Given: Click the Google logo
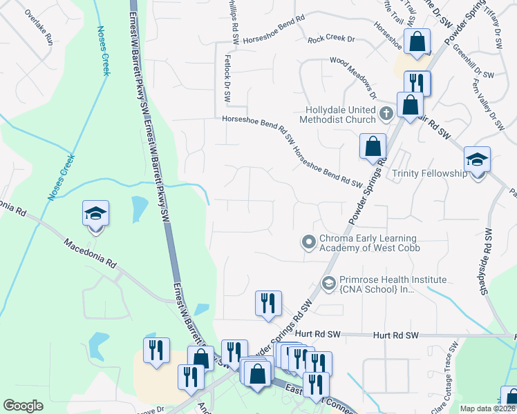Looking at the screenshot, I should point(23,406).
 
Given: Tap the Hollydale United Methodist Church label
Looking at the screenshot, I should point(342,115).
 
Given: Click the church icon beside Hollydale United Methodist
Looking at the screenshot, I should point(386,112).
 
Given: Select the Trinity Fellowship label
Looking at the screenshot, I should point(429,173).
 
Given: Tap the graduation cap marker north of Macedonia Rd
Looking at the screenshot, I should point(96,214).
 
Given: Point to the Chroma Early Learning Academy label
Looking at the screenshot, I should point(369,243).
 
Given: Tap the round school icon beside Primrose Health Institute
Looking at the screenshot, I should point(328,282).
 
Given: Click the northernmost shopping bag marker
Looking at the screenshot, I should point(418,43).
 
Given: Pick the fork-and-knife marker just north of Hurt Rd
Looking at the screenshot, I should point(267,304).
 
